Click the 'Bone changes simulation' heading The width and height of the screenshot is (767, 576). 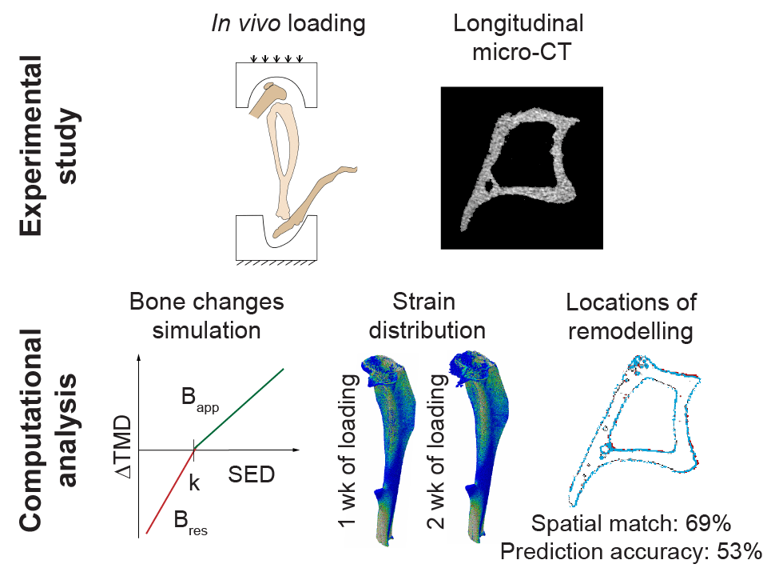point(206,316)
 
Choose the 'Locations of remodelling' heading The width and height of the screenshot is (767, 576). point(631,316)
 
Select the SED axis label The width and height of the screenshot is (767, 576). point(251,474)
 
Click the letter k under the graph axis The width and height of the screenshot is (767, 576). point(193,483)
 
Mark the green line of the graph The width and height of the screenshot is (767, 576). point(240,408)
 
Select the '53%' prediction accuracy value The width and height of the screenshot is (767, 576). point(733,551)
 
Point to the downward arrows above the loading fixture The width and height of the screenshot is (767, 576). point(276,58)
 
